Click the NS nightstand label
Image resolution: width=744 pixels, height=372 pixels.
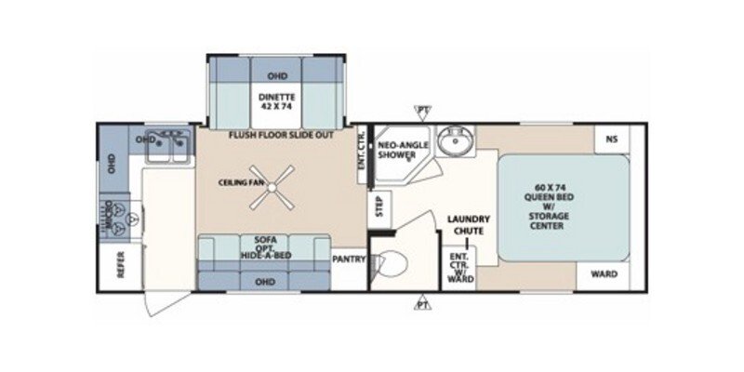611,139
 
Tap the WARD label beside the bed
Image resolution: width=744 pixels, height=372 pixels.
602,275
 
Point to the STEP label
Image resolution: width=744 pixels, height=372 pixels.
379,206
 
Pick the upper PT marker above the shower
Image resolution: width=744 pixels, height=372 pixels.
424,111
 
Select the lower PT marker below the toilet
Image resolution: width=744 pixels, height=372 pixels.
424,304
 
